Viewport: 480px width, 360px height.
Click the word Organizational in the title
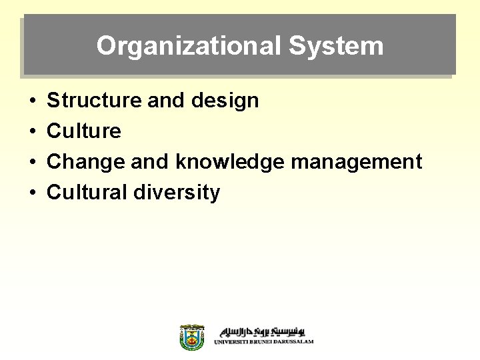pyautogui.click(x=189, y=46)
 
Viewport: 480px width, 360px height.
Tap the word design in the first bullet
pyautogui.click(x=225, y=101)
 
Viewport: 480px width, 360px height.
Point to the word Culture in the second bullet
pyautogui.click(x=84, y=131)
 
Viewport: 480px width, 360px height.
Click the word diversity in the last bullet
pyautogui.click(x=177, y=193)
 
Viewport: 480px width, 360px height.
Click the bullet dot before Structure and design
pyautogui.click(x=33, y=101)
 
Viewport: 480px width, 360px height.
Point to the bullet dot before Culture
pyautogui.click(x=33, y=132)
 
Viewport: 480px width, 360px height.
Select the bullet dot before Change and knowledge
pyautogui.click(x=33, y=163)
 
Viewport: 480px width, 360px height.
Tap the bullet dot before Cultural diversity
pyautogui.click(x=33, y=193)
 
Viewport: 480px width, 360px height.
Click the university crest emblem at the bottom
pyautogui.click(x=193, y=337)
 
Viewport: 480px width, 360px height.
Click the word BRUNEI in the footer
pyautogui.click(x=259, y=342)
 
